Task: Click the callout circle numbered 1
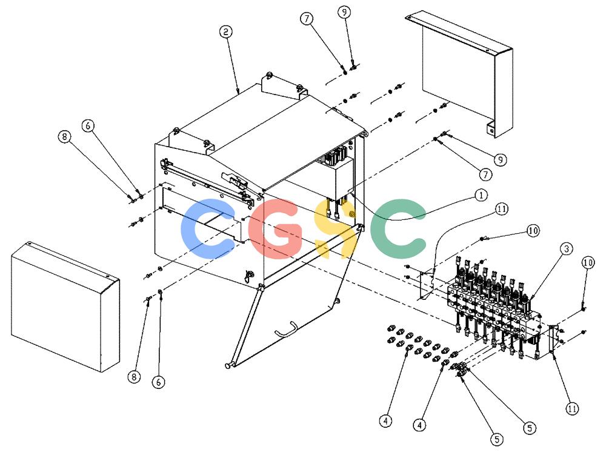481,195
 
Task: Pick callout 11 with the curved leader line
501,209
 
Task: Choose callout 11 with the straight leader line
572,408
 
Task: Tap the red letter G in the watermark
275,228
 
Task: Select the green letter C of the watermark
398,229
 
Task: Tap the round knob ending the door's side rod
228,365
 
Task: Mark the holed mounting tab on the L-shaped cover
490,129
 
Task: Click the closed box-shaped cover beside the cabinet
65,307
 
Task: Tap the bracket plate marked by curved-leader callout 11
426,285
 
